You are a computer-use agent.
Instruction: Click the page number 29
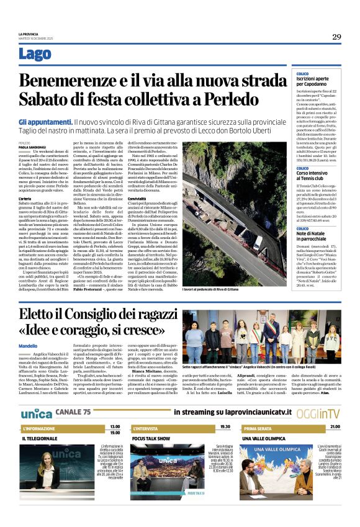click(x=336, y=36)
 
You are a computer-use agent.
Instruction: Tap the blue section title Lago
click(x=35, y=55)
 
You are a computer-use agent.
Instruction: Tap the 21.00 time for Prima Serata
click(x=335, y=427)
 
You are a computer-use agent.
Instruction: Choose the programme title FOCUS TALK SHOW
click(x=151, y=438)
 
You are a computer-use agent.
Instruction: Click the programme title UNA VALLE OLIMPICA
click(x=268, y=438)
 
